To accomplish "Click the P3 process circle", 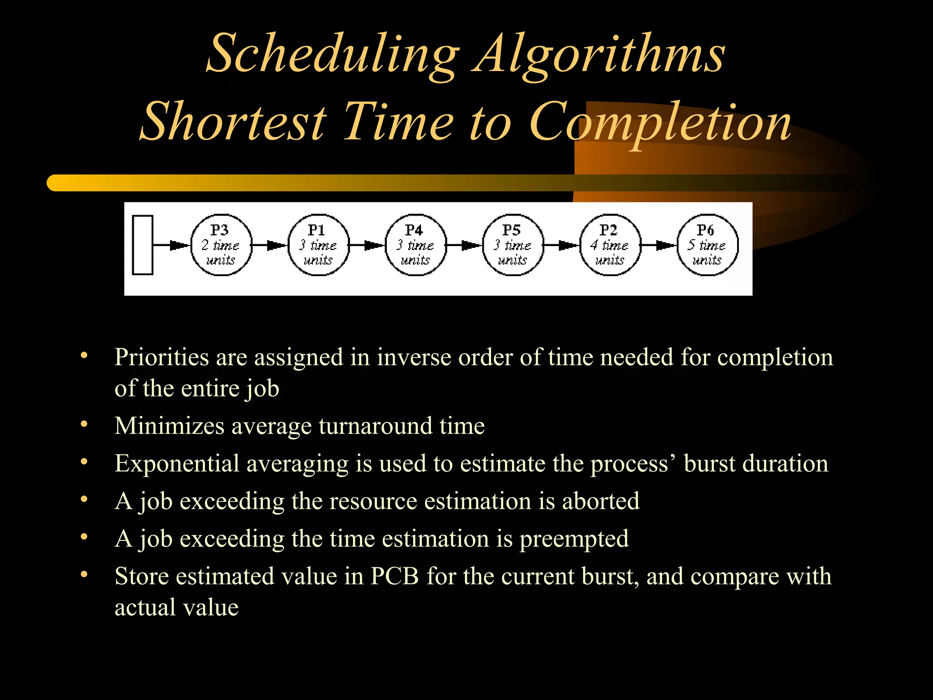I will [x=221, y=245].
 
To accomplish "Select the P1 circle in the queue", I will [x=318, y=245].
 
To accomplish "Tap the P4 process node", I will [x=415, y=245].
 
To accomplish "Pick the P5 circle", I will [x=513, y=245].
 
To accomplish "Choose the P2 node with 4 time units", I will [x=610, y=245].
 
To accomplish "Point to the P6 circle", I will [x=707, y=245].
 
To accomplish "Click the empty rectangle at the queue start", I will [x=143, y=245].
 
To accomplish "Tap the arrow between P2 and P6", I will [x=659, y=245].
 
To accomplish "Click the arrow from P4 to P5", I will [x=464, y=245].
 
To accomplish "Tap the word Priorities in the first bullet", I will [x=161, y=357].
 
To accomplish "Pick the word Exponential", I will [x=177, y=463].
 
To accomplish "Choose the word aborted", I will [x=600, y=501].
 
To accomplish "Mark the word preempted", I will [x=574, y=539].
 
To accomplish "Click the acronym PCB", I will [x=394, y=576].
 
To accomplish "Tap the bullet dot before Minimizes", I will [x=84, y=425].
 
